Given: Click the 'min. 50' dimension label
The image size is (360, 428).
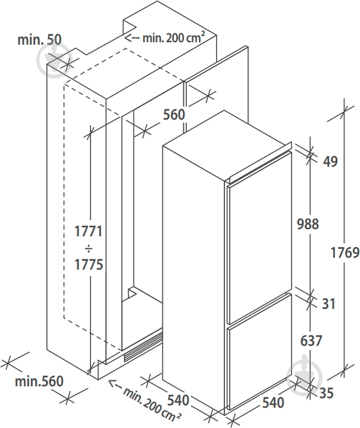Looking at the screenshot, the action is click(x=39, y=40).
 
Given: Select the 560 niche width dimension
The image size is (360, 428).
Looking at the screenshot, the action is click(x=174, y=114).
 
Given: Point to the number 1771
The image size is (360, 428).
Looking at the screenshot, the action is click(x=89, y=231).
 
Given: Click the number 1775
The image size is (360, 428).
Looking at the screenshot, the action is click(x=89, y=264).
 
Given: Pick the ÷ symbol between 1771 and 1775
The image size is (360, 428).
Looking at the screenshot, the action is click(x=89, y=249).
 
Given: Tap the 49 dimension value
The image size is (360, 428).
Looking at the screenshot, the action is click(x=330, y=161).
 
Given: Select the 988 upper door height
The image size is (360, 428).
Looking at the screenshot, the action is click(x=308, y=224).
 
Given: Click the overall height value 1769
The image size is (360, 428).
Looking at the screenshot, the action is click(x=345, y=252).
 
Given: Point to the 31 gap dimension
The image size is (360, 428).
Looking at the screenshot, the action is click(x=328, y=304).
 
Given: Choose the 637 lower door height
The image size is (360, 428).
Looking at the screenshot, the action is click(x=311, y=341).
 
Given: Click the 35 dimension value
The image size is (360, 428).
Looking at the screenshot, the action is click(x=327, y=393).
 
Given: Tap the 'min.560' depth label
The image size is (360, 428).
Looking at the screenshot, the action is click(x=39, y=381).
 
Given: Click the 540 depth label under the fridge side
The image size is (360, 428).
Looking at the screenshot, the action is click(x=178, y=400).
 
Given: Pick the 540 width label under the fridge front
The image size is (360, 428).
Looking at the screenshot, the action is click(x=273, y=402).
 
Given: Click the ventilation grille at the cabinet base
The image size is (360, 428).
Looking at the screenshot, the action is click(x=142, y=347).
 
